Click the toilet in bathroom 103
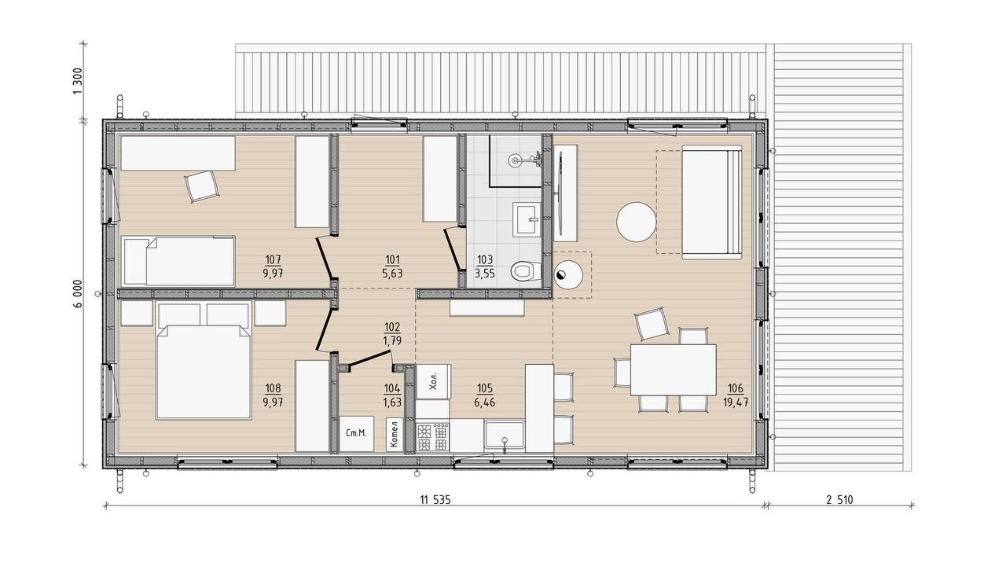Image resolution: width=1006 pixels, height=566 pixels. click(x=523, y=271)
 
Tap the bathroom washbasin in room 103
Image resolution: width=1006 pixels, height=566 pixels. click(x=527, y=219)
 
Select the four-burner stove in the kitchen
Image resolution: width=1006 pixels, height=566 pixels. click(x=433, y=436)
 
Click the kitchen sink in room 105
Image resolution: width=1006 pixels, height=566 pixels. click(x=505, y=435)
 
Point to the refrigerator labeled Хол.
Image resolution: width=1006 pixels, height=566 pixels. click(x=433, y=382)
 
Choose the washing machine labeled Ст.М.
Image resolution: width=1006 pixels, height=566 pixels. click(x=357, y=434)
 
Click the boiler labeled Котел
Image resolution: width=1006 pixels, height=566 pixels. click(x=395, y=435)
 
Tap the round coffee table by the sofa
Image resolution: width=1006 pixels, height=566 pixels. click(x=636, y=222)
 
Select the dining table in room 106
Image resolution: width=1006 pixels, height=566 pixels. click(x=674, y=369)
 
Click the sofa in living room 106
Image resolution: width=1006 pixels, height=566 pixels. click(x=712, y=202)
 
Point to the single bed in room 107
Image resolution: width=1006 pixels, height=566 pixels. click(x=178, y=261)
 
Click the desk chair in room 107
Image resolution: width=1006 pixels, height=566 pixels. click(x=203, y=186)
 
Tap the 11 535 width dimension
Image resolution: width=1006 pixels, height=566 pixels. click(x=435, y=499)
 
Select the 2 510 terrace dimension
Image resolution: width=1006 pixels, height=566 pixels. click(x=839, y=499)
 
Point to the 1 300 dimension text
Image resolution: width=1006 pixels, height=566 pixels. click(x=77, y=81)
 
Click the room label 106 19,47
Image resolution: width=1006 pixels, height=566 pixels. click(x=735, y=395)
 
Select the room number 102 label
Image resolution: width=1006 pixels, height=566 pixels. click(x=392, y=327)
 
